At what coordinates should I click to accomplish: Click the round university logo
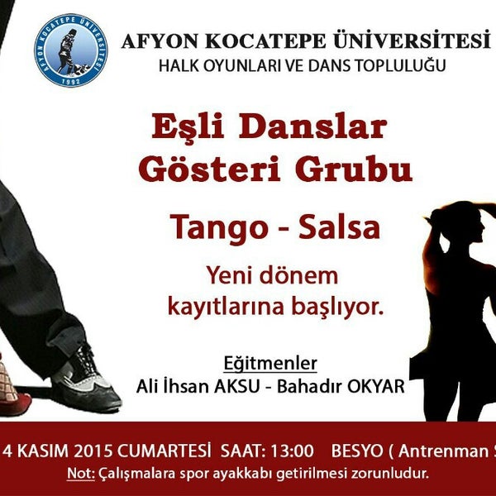71,50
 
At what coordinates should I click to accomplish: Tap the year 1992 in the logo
70,81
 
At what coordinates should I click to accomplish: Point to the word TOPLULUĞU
400,66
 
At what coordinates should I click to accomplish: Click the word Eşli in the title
188,126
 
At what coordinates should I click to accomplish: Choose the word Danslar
313,126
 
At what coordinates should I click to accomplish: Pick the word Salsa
340,227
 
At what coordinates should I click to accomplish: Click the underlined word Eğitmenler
270,363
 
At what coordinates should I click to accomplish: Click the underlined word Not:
81,474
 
